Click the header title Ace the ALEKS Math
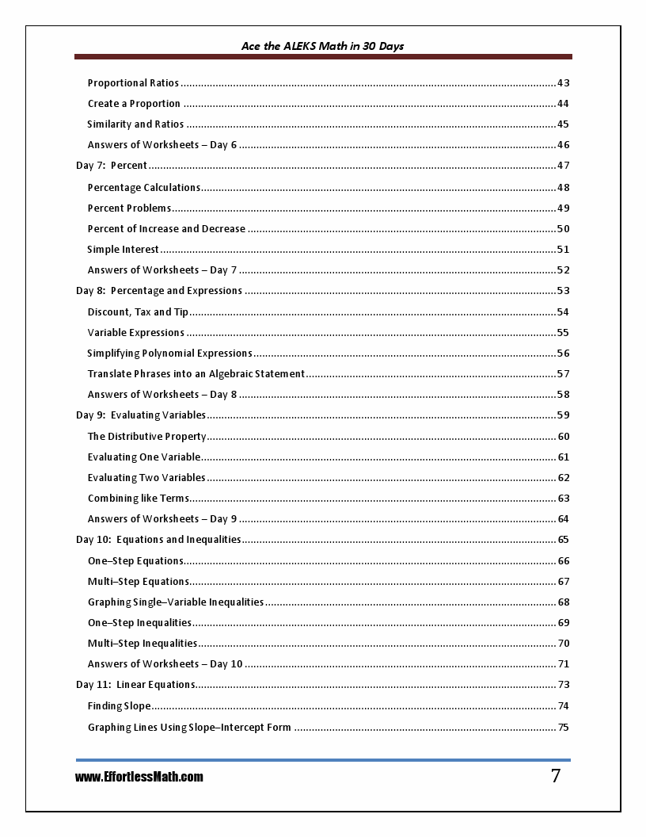[x=322, y=46]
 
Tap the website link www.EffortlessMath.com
[x=139, y=778]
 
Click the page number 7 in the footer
[x=556, y=776]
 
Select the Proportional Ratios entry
[x=133, y=83]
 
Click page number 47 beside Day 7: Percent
[x=563, y=166]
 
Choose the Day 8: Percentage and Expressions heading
[x=159, y=291]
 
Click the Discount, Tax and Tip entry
[x=138, y=312]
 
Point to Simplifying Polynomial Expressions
[x=169, y=354]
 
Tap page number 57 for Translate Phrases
[x=563, y=374]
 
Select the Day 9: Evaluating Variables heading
[x=141, y=415]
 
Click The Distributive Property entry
[x=146, y=437]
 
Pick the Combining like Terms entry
[x=139, y=499]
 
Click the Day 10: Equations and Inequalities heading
[x=158, y=540]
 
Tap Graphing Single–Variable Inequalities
[x=176, y=602]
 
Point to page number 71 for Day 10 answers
[x=563, y=664]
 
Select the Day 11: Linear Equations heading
[x=135, y=685]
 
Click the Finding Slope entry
[x=119, y=706]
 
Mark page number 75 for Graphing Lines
[x=563, y=728]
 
